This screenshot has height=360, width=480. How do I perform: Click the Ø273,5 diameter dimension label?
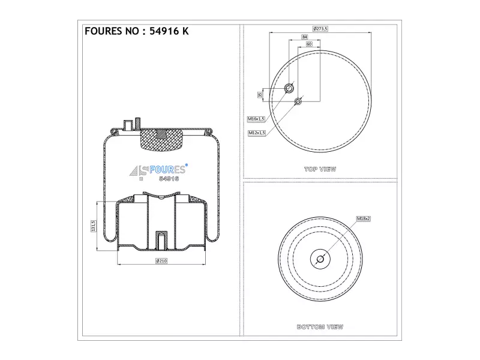(x=320, y=29)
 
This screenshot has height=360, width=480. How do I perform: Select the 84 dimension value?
(x=304, y=37)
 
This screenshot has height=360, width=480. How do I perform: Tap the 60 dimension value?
(x=309, y=44)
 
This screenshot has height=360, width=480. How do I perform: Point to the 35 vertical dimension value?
(x=260, y=95)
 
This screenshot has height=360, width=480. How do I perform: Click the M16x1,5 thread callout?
(x=256, y=119)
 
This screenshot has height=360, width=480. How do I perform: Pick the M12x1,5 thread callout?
(x=257, y=133)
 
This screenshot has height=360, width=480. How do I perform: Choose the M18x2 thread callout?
(x=364, y=218)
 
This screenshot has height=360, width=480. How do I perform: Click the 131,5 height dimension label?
(x=94, y=226)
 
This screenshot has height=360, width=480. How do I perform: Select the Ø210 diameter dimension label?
(x=161, y=261)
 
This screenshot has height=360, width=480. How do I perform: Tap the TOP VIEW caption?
(x=320, y=169)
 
